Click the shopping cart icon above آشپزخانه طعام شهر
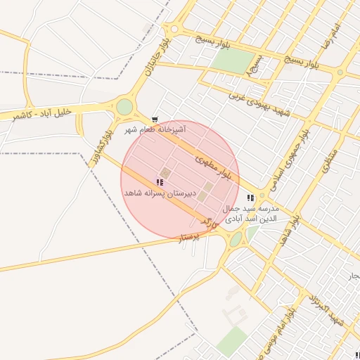155,120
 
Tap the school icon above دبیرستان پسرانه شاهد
160,182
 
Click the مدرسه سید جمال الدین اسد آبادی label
250,214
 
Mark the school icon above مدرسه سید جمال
251,198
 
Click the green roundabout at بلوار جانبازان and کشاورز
124,107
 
